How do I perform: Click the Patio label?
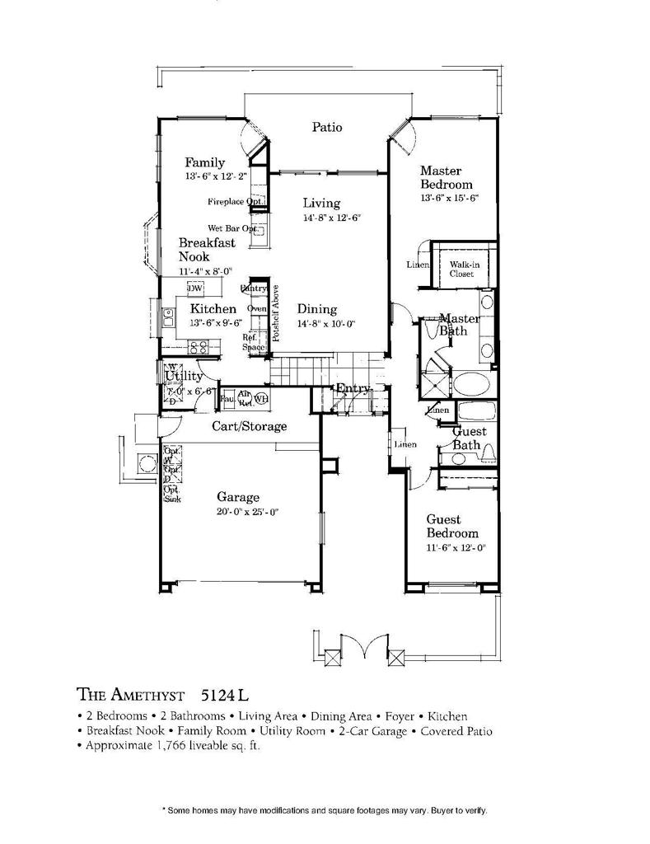(x=327, y=127)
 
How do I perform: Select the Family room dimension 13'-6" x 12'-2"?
(x=217, y=177)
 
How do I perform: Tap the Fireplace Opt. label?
(x=235, y=201)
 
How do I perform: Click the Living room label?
(x=321, y=203)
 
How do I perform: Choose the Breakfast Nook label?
(x=207, y=250)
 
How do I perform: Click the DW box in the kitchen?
(x=195, y=288)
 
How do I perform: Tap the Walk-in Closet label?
(x=461, y=269)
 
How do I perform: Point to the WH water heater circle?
(x=261, y=399)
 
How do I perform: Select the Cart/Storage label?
(x=250, y=426)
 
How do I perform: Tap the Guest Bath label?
(x=470, y=438)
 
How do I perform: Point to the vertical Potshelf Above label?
(x=277, y=313)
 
